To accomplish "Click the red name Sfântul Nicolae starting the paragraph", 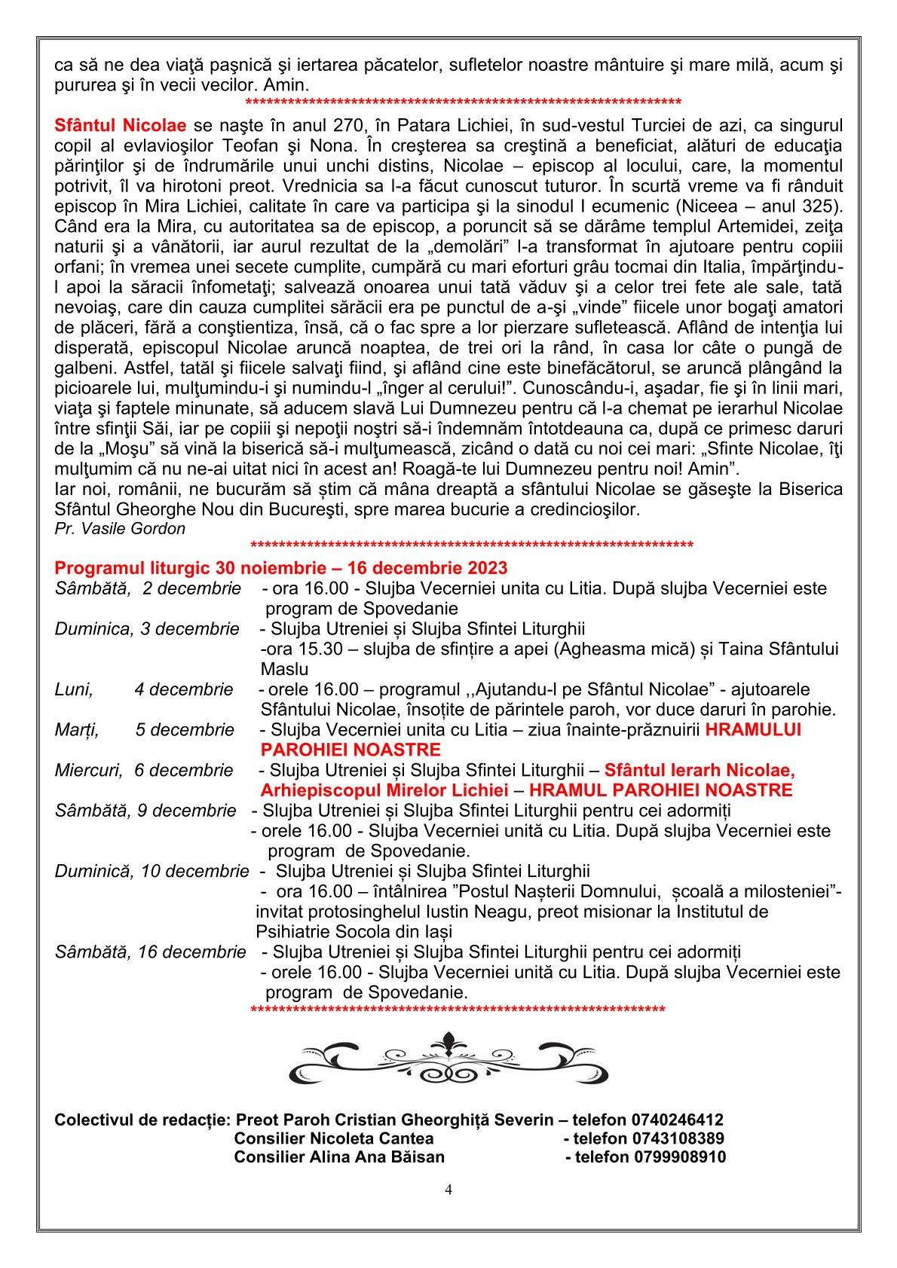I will coord(120,124).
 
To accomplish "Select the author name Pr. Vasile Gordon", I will coord(120,528).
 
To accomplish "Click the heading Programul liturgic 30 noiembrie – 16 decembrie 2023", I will coord(281,567).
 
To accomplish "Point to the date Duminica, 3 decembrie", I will coord(147,628).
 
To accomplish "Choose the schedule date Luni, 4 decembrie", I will coord(144,689).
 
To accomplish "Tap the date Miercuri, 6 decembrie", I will coord(144,770).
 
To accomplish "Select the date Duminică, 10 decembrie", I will coord(152,871).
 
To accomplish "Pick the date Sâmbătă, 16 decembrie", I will coord(150,952).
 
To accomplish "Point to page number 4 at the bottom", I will coord(448,1190).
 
